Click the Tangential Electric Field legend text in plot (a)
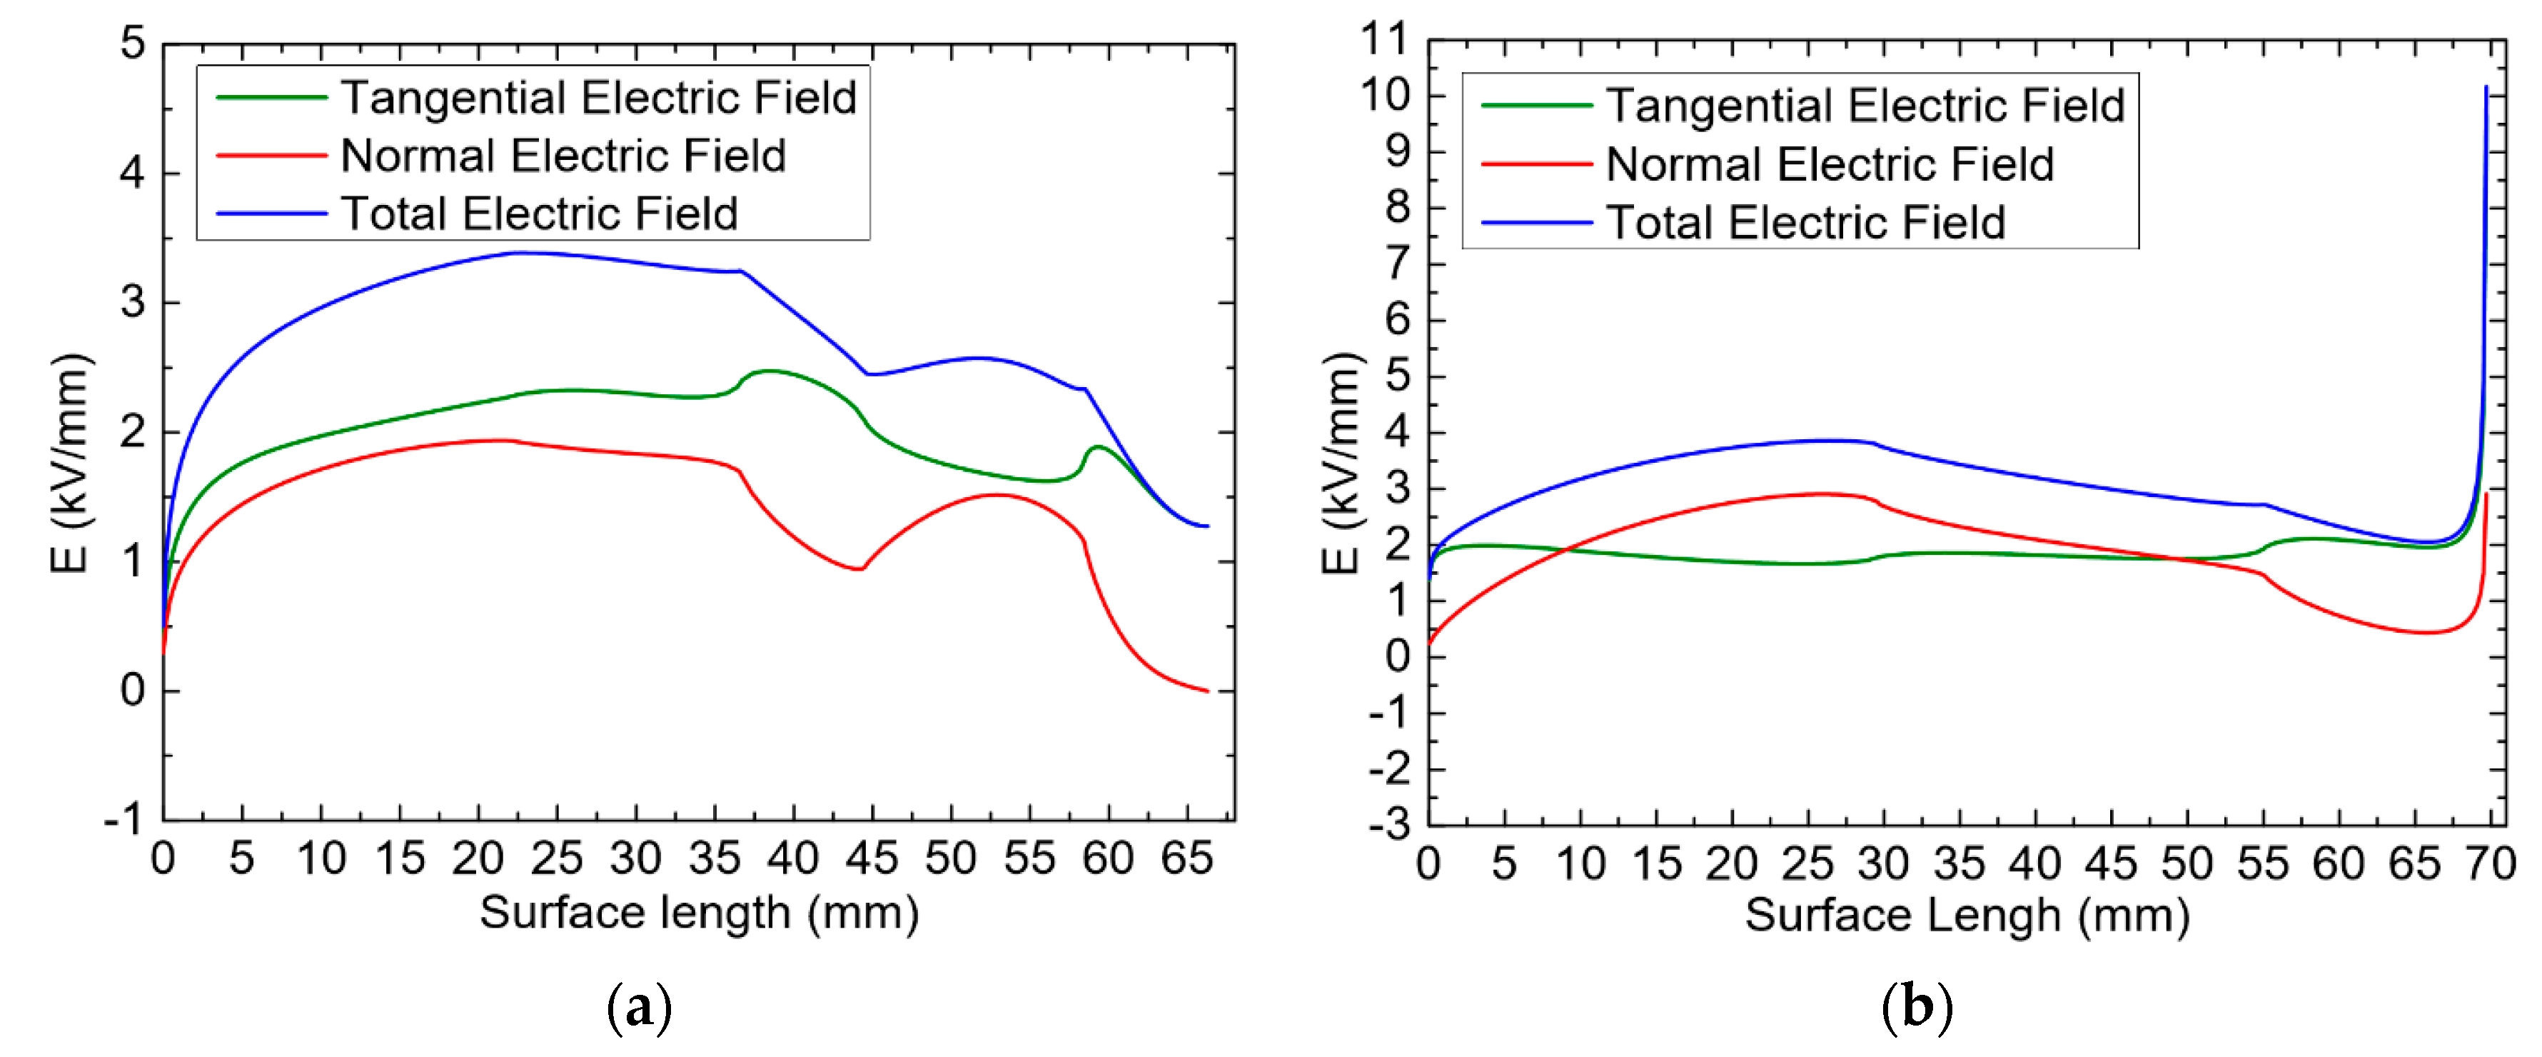(x=598, y=98)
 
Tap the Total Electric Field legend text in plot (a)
(x=539, y=213)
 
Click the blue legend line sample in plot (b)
(x=1535, y=222)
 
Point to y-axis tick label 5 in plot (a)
(x=132, y=44)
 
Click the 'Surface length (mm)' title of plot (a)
(x=699, y=912)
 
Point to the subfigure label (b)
(x=1917, y=1008)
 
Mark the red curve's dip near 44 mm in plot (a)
(x=860, y=568)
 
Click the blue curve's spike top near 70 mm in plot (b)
(x=2485, y=88)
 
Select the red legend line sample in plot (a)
(x=271, y=156)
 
